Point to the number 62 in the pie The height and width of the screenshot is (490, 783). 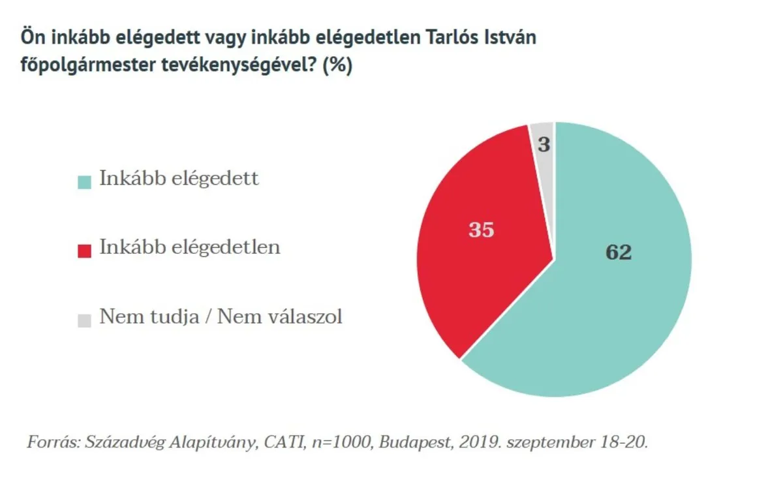[x=619, y=253]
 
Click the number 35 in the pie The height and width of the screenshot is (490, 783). [x=482, y=230]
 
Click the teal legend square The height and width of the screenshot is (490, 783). [x=84, y=181]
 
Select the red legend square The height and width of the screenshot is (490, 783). [x=84, y=251]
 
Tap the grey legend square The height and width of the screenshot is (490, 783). [x=84, y=320]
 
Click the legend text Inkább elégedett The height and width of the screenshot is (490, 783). [x=179, y=179]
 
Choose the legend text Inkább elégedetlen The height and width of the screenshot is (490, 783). [x=189, y=248]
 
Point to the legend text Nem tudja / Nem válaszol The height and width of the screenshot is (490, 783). [x=221, y=318]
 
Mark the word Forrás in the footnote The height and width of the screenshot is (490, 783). [x=51, y=442]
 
